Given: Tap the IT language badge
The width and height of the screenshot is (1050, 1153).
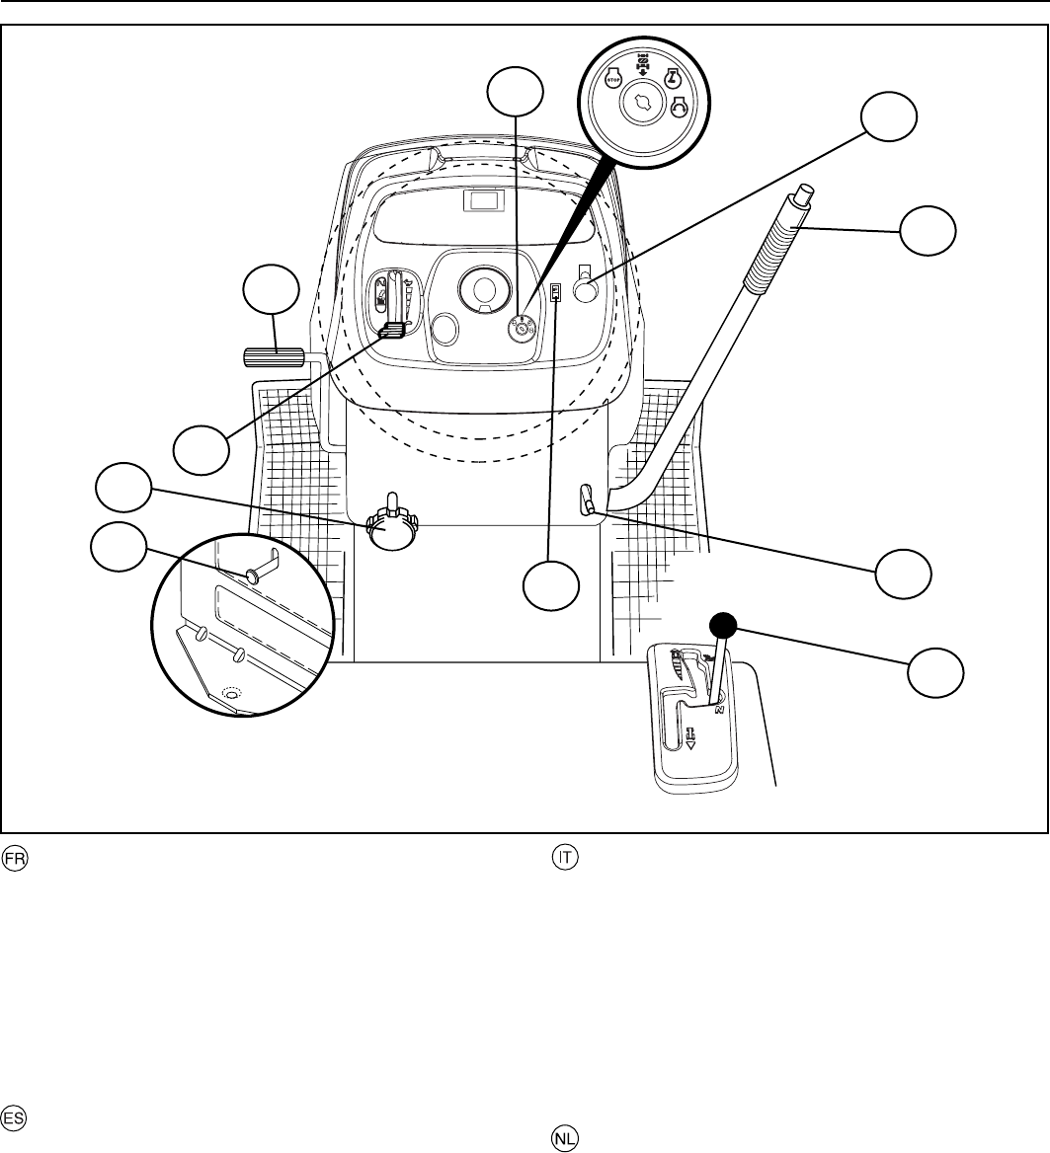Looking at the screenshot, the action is click(564, 859).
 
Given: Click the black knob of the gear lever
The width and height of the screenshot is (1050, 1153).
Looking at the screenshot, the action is click(724, 625).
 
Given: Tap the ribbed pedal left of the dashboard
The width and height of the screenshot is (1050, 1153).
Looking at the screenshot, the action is click(272, 357).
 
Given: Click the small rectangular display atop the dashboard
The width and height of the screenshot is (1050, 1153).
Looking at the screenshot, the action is click(484, 202).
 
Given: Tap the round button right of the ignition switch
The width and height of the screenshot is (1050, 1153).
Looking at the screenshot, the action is click(585, 292).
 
